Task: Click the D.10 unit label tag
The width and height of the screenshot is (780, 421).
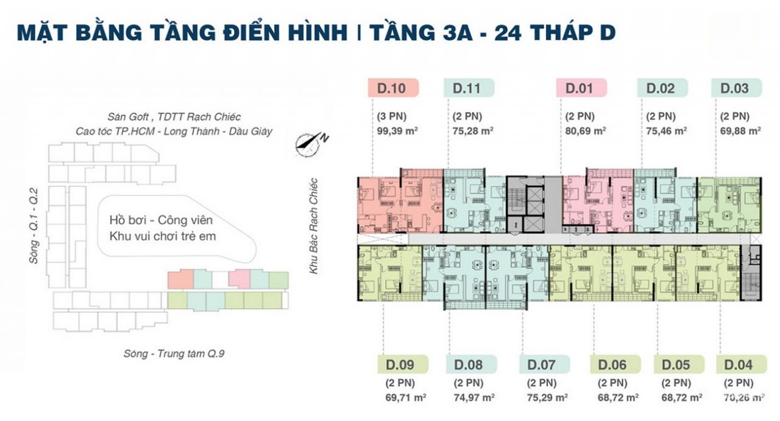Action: coord(393,88)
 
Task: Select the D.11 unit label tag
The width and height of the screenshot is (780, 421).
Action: coord(469,88)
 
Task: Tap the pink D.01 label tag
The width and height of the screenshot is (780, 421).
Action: coord(581,88)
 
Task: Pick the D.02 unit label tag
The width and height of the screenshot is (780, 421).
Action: coord(662,88)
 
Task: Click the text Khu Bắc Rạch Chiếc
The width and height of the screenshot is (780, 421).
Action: coord(314,225)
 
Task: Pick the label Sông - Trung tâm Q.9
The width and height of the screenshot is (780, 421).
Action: coord(166,353)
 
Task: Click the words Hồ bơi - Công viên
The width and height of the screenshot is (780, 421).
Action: coord(161,220)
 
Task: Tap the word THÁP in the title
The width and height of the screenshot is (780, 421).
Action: coord(550,33)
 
